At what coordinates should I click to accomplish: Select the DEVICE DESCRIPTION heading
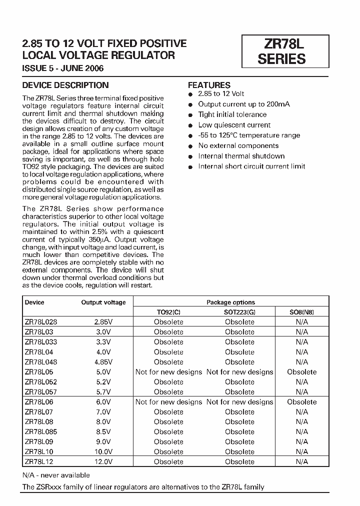pos(65,85)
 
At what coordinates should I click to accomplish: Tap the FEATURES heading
pos(209,85)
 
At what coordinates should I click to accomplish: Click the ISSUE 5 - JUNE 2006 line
pos(63,68)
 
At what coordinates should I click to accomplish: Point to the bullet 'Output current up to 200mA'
pos(243,104)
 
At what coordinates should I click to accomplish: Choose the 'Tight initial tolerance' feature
pos(232,114)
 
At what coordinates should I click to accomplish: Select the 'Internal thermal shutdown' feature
pos(241,156)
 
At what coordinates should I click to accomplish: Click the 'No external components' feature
pos(238,145)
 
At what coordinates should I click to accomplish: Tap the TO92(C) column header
pos(168,312)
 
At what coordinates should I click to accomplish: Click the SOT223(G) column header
pos(239,312)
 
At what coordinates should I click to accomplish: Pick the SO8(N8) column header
pos(301,312)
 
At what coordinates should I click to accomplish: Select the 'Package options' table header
pos(230,302)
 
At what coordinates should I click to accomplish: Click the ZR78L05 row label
pos(39,372)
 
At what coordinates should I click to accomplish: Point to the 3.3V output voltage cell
pos(103,342)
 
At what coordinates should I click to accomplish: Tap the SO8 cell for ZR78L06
pos(301,402)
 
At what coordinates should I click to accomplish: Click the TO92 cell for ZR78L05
pos(168,372)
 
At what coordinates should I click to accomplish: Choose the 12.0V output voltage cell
pos(103,461)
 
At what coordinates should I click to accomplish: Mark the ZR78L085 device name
pos(41,432)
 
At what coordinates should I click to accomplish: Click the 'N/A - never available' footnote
pos(56,475)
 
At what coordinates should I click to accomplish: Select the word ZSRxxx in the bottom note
pos(49,487)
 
